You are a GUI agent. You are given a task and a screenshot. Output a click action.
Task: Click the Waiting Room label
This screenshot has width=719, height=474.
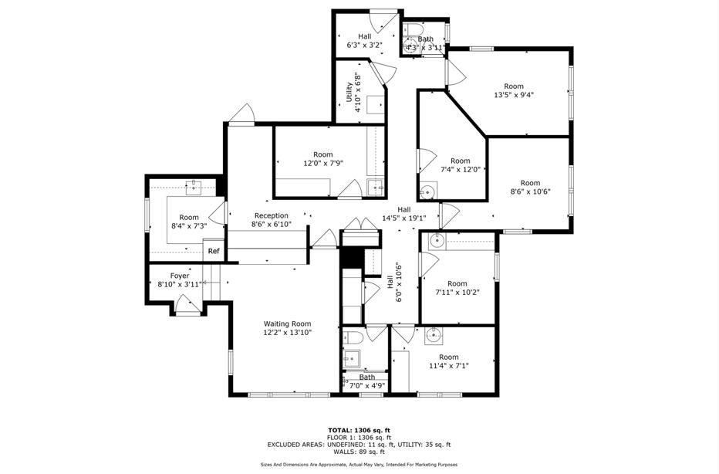pyautogui.click(x=287, y=323)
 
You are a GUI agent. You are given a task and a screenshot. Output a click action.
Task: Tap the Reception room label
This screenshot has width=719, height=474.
pyautogui.click(x=271, y=215)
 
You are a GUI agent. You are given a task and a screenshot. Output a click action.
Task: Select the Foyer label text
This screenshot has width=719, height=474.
pyautogui.click(x=179, y=275)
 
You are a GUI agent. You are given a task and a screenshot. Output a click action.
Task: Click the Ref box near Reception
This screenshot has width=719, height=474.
pyautogui.click(x=213, y=251)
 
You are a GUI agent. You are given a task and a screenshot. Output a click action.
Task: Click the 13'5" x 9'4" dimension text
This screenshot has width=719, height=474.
pyautogui.click(x=514, y=96)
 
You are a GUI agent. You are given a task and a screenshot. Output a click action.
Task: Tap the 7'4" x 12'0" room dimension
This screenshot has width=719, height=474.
pyautogui.click(x=461, y=170)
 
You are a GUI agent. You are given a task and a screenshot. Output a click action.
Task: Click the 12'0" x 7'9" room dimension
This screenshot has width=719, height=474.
pyautogui.click(x=322, y=163)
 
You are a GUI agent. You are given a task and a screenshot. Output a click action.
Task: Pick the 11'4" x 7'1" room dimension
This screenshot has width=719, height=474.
pyautogui.click(x=449, y=366)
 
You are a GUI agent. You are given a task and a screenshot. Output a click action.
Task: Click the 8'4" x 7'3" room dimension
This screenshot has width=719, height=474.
pyautogui.click(x=189, y=226)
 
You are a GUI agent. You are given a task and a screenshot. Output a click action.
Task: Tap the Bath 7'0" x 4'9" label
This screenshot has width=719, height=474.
pyautogui.click(x=367, y=381)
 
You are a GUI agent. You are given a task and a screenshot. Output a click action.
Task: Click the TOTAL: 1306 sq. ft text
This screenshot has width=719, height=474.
pyautogui.click(x=359, y=430)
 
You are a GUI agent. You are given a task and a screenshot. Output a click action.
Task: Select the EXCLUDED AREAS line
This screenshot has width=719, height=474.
pyautogui.click(x=359, y=445)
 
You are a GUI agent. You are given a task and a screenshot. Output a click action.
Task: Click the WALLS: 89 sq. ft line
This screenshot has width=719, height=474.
pyautogui.click(x=359, y=452)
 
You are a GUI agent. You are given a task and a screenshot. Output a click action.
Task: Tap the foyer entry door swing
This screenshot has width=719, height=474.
pyautogui.click(x=186, y=306)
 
